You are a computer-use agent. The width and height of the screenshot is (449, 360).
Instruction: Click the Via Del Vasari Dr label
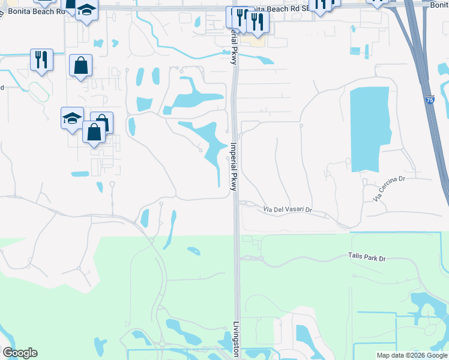288,209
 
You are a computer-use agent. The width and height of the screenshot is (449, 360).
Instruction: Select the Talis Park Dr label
366,257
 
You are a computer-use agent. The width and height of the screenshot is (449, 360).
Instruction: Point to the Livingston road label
236,340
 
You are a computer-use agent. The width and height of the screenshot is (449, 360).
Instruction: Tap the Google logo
20,353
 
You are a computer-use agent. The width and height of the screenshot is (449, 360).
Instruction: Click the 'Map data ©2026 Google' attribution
412,355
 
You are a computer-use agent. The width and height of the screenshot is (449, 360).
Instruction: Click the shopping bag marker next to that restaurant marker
80,65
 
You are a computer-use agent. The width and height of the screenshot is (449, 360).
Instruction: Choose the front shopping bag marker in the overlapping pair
94,131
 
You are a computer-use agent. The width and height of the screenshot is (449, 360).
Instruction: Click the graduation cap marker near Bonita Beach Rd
87,11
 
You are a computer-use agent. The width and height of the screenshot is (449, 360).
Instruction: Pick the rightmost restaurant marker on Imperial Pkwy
258,22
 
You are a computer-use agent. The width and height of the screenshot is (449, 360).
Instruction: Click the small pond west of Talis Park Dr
193,251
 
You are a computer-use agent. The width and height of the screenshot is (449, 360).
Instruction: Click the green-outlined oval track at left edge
38,91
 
